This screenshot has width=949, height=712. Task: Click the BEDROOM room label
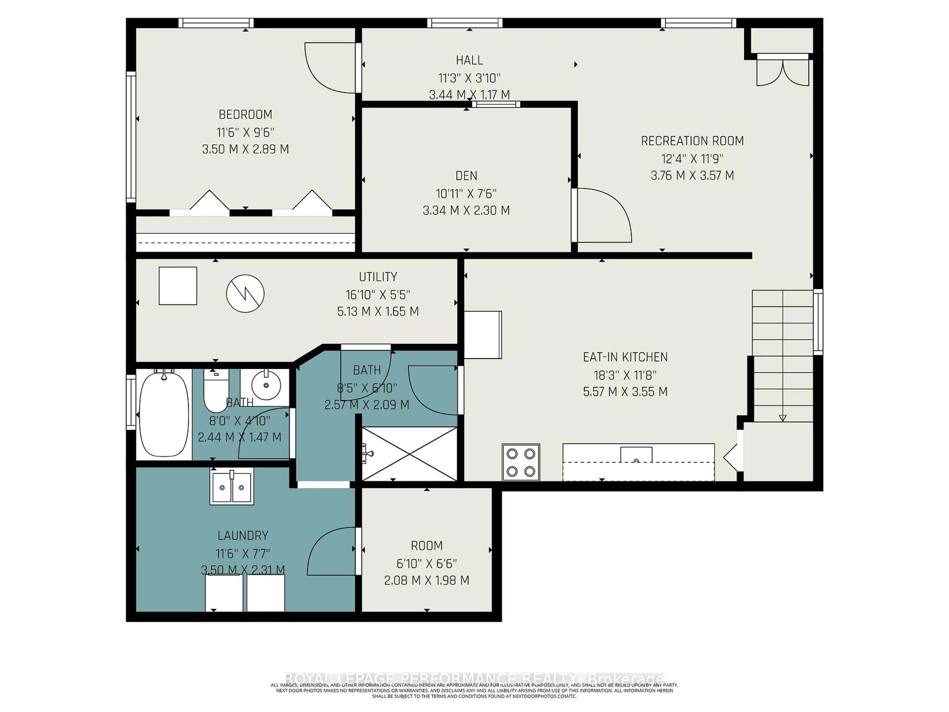pyautogui.click(x=245, y=115)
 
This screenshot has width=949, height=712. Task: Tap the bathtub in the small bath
pyautogui.click(x=164, y=414)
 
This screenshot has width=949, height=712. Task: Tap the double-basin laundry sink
pyautogui.click(x=232, y=486)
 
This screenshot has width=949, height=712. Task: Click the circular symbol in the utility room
pyautogui.click(x=245, y=293)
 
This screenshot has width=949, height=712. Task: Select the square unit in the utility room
pyautogui.click(x=178, y=286)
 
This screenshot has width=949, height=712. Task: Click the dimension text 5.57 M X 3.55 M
pyautogui.click(x=625, y=392)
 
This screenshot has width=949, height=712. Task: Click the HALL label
pyautogui.click(x=469, y=60)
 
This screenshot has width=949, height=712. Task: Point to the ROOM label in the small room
pyautogui.click(x=427, y=545)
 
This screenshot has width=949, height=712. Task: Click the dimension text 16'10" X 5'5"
pyautogui.click(x=378, y=295)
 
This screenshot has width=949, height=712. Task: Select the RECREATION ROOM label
pyautogui.click(x=692, y=141)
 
